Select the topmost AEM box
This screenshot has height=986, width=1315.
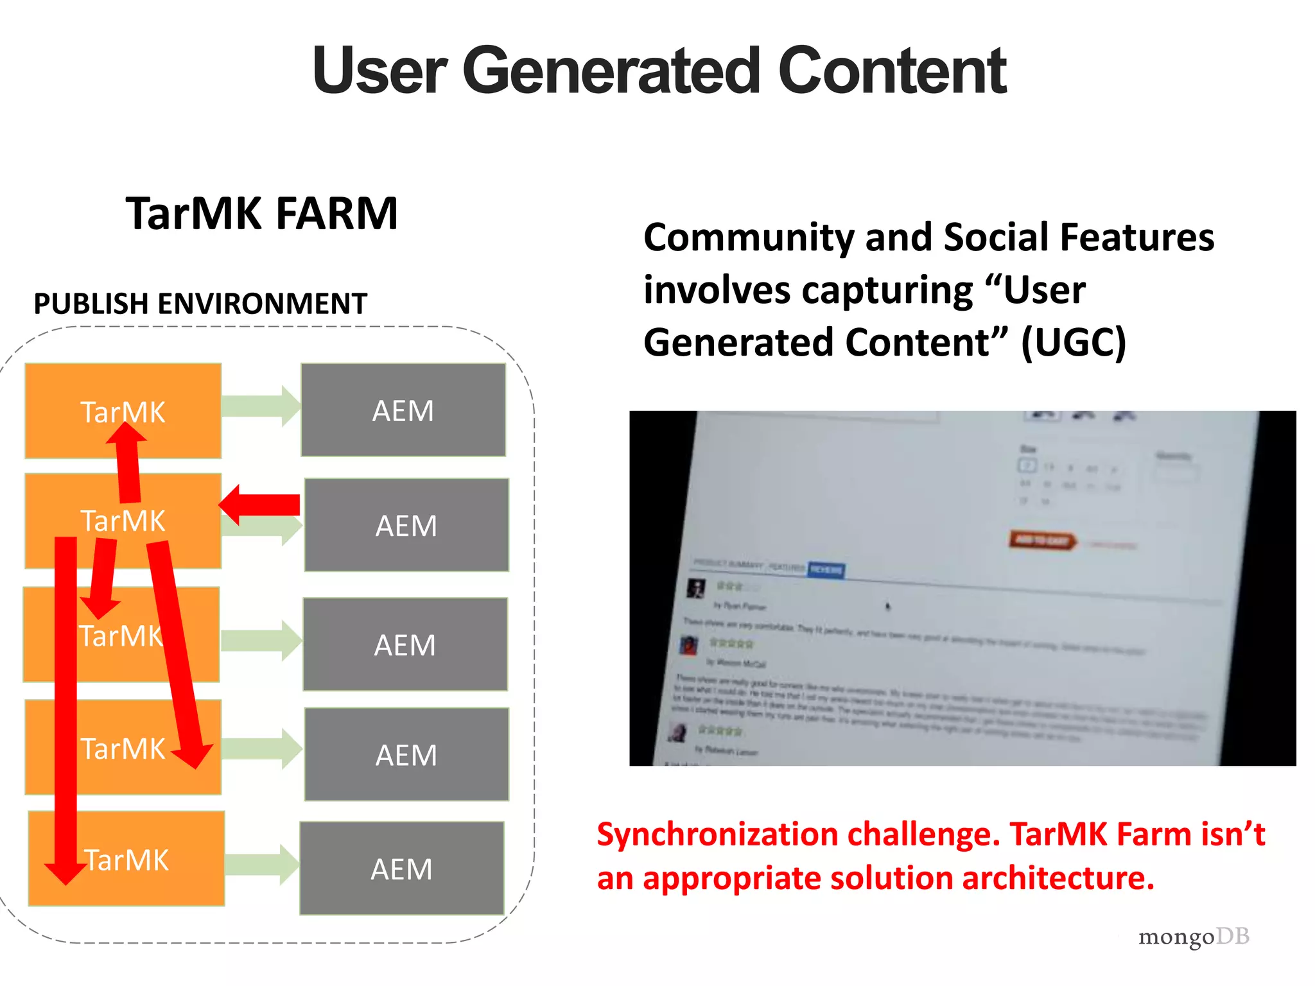[403, 410]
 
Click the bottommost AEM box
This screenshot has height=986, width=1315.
[402, 869]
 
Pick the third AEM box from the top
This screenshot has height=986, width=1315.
[405, 644]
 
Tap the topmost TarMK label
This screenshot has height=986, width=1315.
[123, 411]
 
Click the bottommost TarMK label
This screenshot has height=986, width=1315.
[126, 860]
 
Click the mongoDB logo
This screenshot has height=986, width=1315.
[1193, 937]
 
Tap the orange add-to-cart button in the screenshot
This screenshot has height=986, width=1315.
[1041, 541]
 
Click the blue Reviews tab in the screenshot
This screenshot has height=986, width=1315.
[826, 569]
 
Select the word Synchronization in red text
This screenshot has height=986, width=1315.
[717, 835]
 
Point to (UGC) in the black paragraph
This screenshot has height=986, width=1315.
[1074, 342]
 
